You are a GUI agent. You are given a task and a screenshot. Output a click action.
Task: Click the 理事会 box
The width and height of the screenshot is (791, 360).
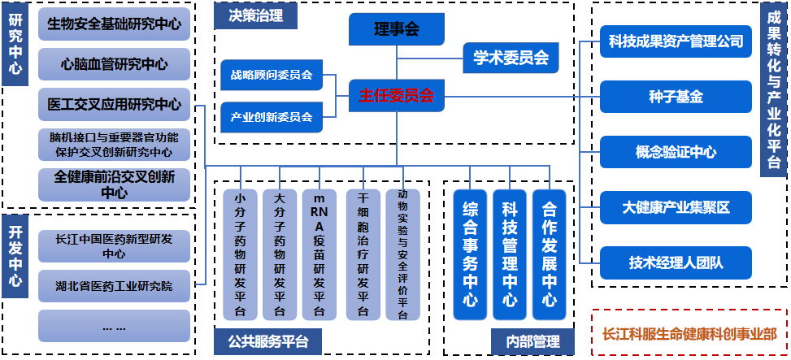[397, 30]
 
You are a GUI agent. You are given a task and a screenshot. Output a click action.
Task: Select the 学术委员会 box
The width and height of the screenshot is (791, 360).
[511, 58]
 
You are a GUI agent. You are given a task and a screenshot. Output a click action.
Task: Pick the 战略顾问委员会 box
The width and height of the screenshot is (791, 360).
[272, 76]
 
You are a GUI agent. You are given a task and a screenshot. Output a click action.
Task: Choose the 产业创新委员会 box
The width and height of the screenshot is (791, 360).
[272, 117]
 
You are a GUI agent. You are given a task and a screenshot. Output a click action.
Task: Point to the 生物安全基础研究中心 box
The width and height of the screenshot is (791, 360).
[115, 24]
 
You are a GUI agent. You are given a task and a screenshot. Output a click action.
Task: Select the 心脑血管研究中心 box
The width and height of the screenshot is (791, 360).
[115, 64]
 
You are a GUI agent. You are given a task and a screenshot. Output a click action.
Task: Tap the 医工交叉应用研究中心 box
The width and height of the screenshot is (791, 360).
[115, 104]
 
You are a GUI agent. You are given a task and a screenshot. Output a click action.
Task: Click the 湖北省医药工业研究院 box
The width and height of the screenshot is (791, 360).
[115, 285]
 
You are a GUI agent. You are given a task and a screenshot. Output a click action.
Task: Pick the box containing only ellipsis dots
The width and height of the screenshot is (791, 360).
[115, 327]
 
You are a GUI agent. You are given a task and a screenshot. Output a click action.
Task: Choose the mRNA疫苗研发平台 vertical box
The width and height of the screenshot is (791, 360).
[319, 254]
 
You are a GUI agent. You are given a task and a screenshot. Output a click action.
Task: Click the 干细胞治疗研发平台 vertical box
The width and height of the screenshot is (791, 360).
[363, 254]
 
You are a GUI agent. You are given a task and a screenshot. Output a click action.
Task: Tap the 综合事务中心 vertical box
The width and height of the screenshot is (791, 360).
[469, 254]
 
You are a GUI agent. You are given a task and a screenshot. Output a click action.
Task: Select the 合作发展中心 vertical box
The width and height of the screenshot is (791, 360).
[550, 254]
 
